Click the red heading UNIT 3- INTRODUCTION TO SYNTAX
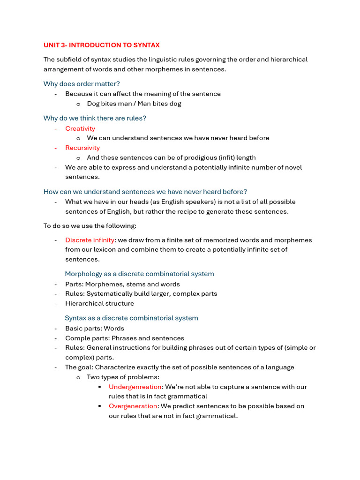pyautogui.click(x=101, y=45)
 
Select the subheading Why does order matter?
pyautogui.click(x=82, y=84)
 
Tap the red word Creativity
pyautogui.click(x=80, y=128)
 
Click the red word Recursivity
pyautogui.click(x=82, y=148)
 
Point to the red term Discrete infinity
pyautogui.click(x=90, y=240)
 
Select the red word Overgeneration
pyautogui.click(x=133, y=406)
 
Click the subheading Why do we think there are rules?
pyautogui.click(x=95, y=118)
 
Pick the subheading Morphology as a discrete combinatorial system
pyautogui.click(x=139, y=274)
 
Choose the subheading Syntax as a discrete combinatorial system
pyautogui.click(x=131, y=318)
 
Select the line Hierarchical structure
pyautogui.click(x=99, y=303)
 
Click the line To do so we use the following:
pyautogui.click(x=90, y=226)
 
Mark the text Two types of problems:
pyautogui.click(x=123, y=377)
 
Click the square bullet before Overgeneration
pyautogui.click(x=100, y=406)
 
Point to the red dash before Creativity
pyautogui.click(x=56, y=128)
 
